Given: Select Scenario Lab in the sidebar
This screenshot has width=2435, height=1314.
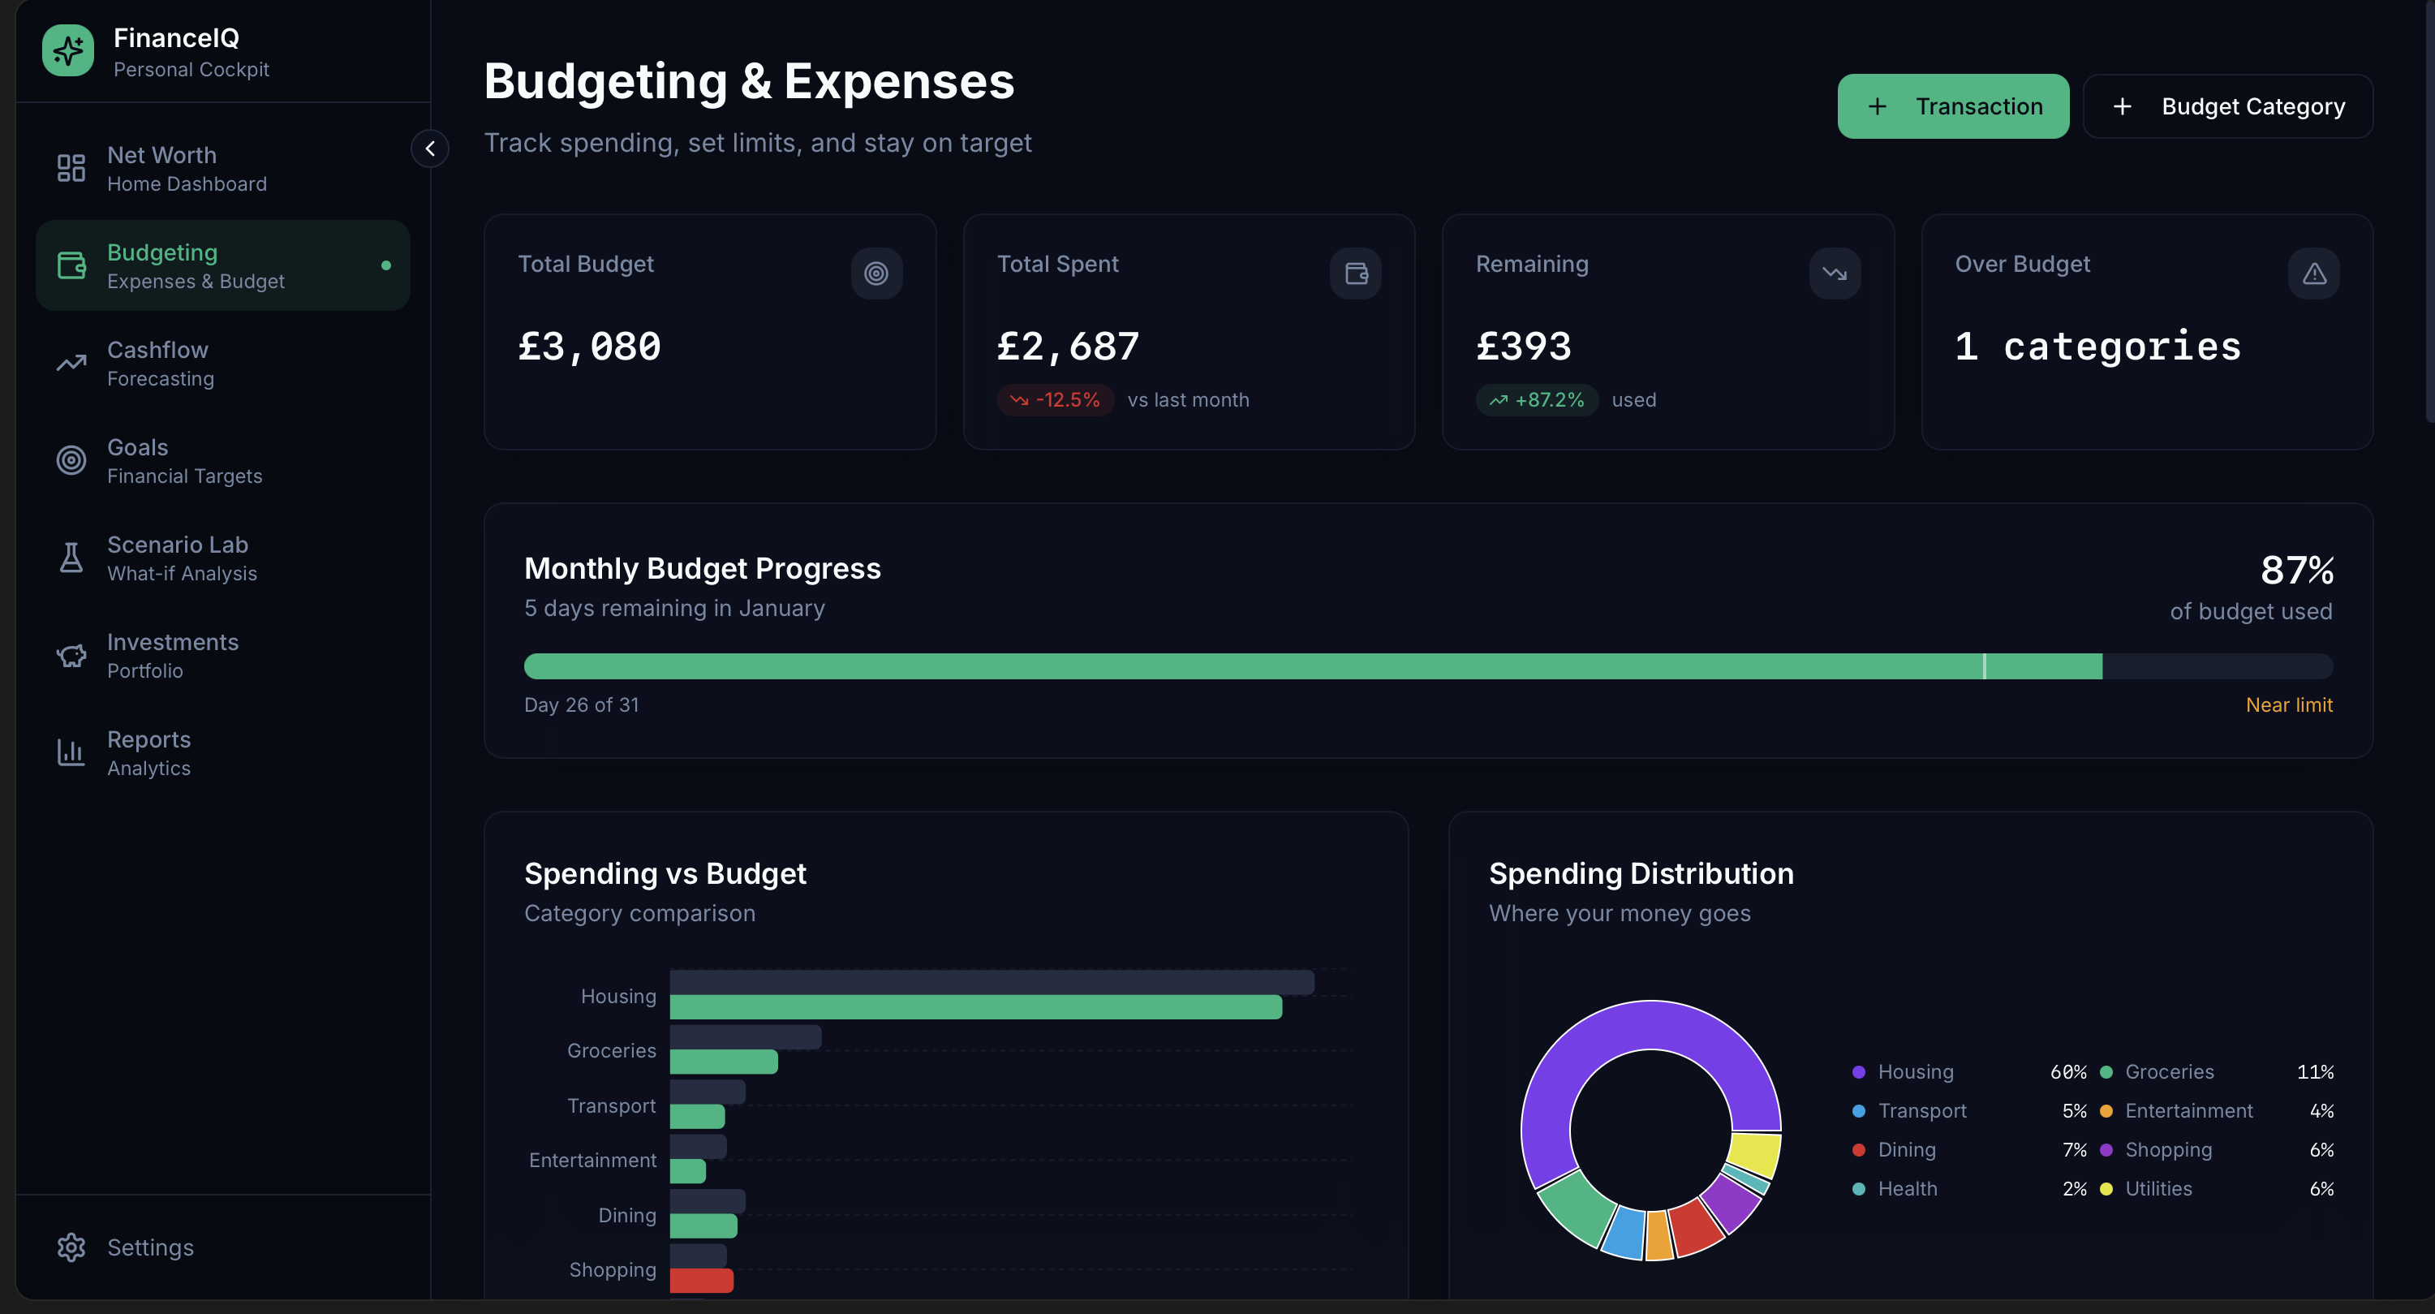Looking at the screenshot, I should pyautogui.click(x=178, y=558).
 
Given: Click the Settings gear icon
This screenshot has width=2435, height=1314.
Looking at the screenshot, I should pyautogui.click(x=71, y=1247).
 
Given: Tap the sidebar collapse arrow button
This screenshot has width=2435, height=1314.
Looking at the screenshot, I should pyautogui.click(x=430, y=149).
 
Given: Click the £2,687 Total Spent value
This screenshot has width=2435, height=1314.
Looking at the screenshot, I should pyautogui.click(x=1068, y=347).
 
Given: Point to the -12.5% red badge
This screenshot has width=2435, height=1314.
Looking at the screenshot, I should pyautogui.click(x=1055, y=400).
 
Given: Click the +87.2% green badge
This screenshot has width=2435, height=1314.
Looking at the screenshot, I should pyautogui.click(x=1537, y=400).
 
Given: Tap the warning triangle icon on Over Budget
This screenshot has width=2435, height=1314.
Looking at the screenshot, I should pyautogui.click(x=2313, y=274).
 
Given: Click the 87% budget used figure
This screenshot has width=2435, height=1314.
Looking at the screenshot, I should pyautogui.click(x=2296, y=570).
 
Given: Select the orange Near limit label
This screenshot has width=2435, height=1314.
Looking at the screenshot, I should pyautogui.click(x=2288, y=705).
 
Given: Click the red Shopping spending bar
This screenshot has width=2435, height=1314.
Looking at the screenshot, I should pyautogui.click(x=701, y=1281).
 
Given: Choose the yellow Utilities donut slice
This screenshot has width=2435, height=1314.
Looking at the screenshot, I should pyautogui.click(x=1754, y=1153).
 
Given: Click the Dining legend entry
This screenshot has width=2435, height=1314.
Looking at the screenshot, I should pyautogui.click(x=1906, y=1150).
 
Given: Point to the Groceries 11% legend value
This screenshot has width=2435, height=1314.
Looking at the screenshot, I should pyautogui.click(x=2315, y=1072).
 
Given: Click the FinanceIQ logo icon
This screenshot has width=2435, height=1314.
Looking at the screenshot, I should pyautogui.click(x=68, y=51).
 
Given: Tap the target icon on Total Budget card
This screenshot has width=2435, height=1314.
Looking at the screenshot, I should pyautogui.click(x=876, y=274).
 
